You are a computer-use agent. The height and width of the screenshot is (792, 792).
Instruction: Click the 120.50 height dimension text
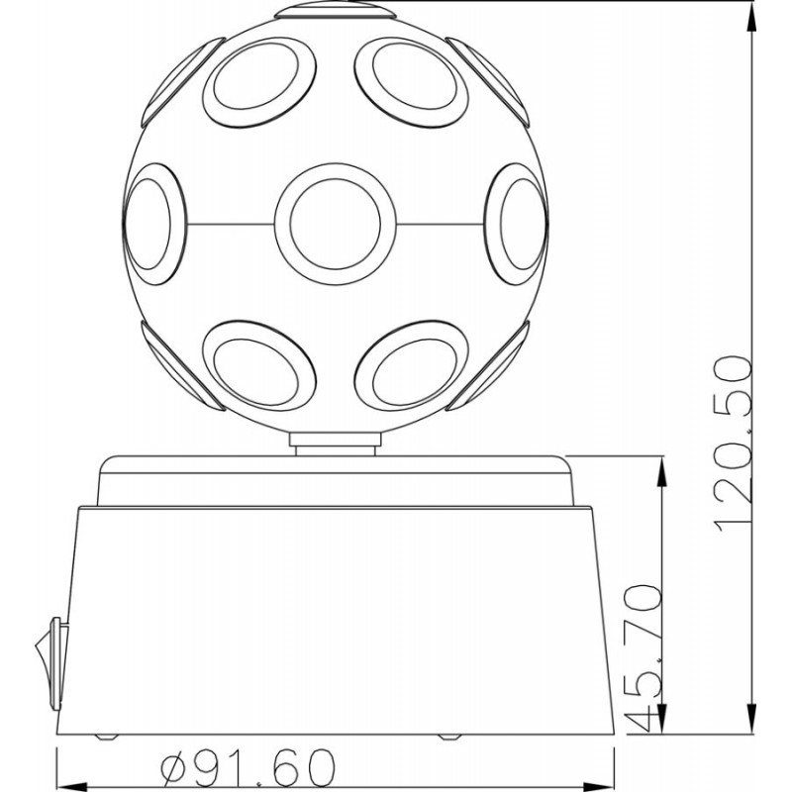(734, 445)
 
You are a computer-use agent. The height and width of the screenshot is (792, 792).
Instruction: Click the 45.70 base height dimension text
(643, 658)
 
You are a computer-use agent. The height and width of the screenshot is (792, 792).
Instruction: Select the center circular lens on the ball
(336, 224)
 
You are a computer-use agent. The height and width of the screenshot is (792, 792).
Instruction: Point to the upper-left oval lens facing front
(259, 82)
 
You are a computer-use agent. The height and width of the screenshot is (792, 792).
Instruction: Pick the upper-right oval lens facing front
(411, 82)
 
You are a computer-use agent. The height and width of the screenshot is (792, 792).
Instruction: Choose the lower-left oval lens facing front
(259, 365)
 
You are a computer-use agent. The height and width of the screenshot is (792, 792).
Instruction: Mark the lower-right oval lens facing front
(411, 365)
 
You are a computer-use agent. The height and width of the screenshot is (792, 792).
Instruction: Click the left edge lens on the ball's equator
(154, 224)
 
